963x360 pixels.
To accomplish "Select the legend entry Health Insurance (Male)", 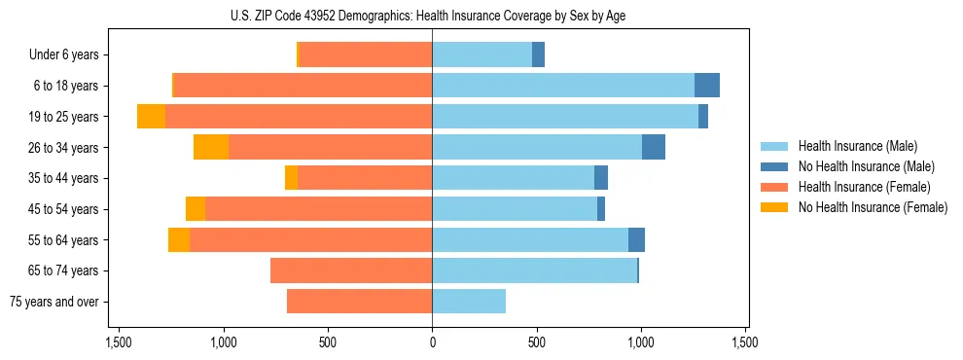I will point(857,146).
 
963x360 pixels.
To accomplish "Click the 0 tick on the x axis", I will point(432,343).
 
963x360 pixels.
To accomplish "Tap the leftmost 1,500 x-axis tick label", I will point(119,343).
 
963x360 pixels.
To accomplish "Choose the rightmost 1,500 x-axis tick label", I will point(745,343).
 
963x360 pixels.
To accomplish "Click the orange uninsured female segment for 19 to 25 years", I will point(151,117).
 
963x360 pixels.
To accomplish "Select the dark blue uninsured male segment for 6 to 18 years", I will point(707,86).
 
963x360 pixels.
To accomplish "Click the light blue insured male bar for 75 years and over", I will point(469,302).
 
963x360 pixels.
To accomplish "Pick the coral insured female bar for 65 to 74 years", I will point(351,270).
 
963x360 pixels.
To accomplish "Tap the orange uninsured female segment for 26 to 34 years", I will point(211,147).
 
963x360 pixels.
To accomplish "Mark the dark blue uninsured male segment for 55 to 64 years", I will point(636,239).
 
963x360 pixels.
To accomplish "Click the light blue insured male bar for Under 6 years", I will point(481,55).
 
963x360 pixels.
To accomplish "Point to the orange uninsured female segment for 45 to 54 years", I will point(196,209).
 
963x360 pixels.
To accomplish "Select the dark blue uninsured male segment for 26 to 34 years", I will point(654,147).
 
